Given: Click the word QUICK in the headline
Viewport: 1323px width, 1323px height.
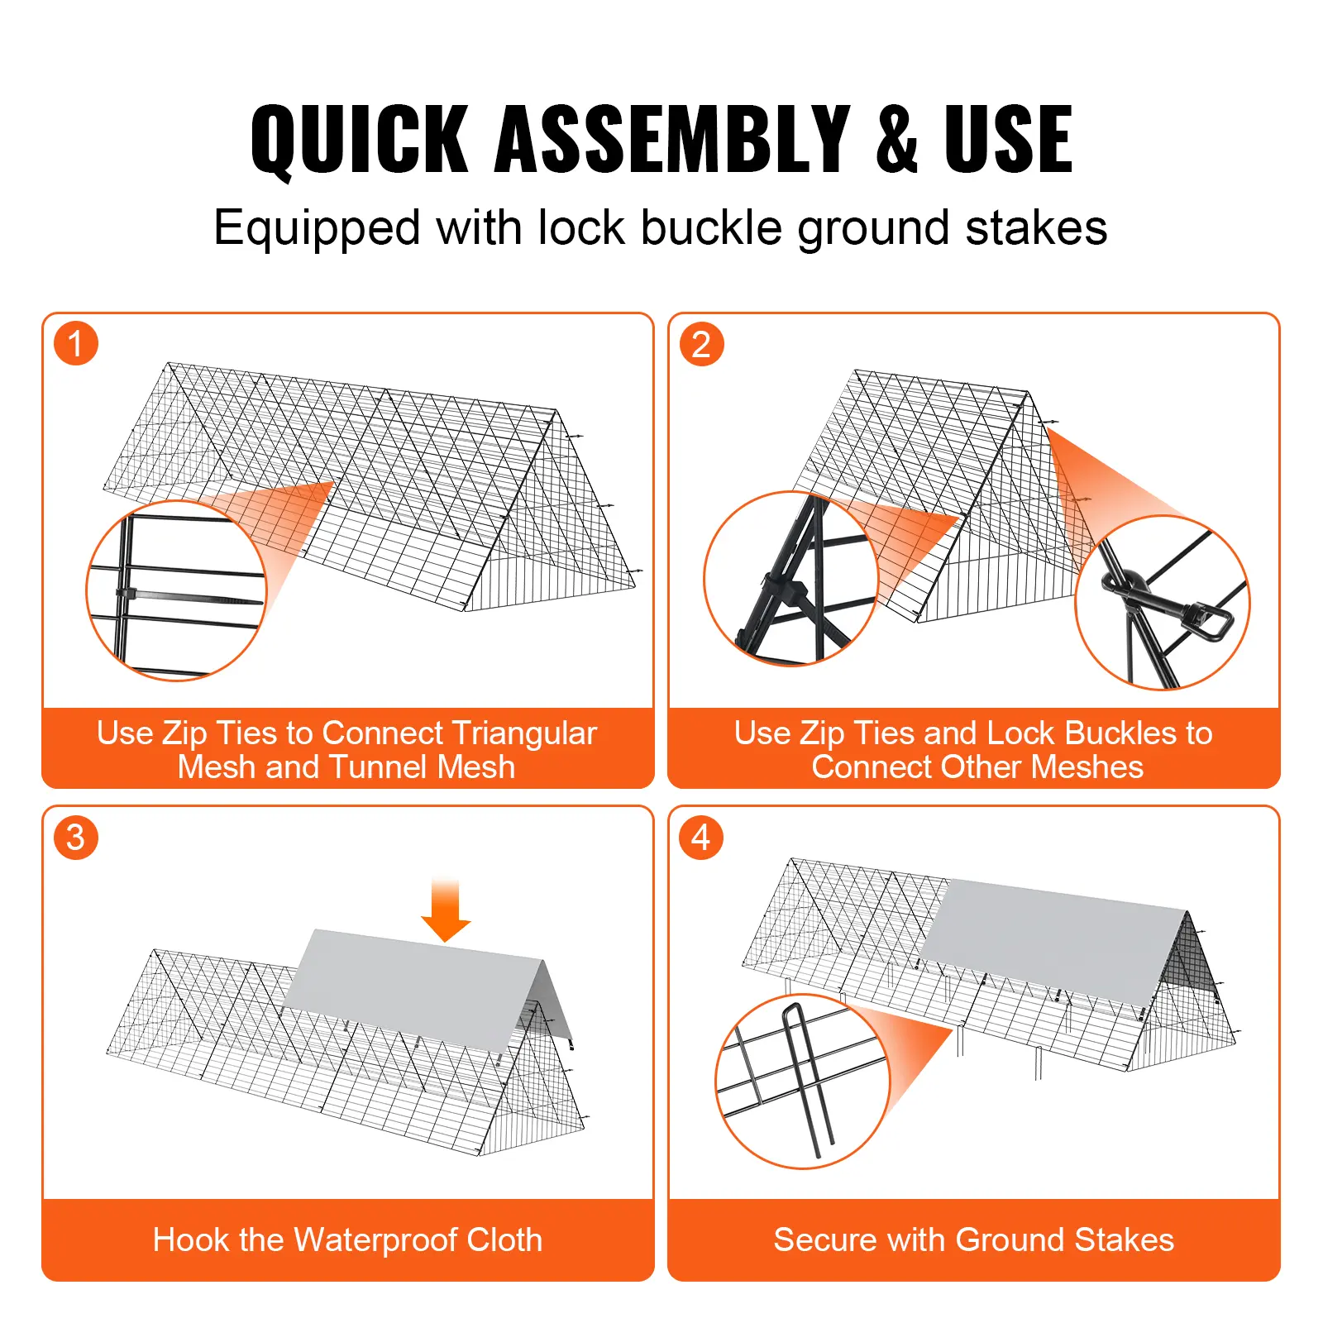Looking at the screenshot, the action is point(360,139).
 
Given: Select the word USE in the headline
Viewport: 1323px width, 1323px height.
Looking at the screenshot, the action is point(1008,139).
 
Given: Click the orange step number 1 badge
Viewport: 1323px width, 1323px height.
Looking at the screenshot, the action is point(76,344).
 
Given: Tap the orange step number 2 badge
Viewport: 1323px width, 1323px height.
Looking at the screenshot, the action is point(701,344).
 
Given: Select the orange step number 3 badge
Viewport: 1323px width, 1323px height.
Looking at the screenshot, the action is point(76,838).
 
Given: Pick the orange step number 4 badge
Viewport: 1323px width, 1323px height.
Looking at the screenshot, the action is point(701,838).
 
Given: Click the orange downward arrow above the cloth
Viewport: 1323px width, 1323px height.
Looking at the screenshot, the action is point(446,911).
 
